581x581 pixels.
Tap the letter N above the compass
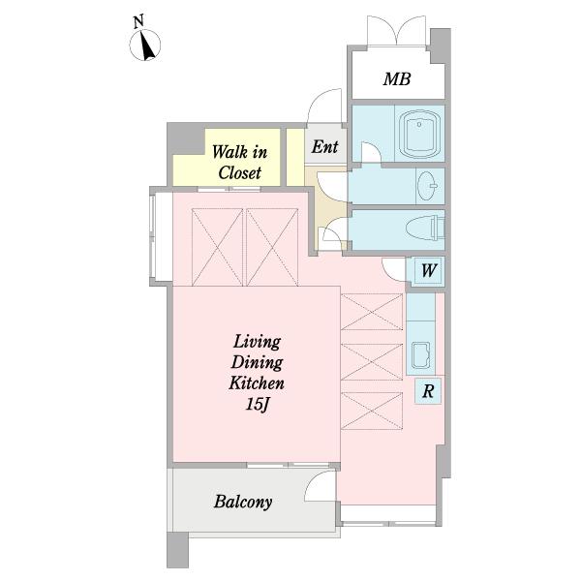(138, 22)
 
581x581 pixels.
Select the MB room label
(397, 79)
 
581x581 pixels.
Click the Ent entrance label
(324, 147)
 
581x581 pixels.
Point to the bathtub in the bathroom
(419, 135)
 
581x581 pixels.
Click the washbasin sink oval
(427, 186)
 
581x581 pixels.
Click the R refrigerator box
(428, 391)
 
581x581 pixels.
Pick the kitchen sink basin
(421, 355)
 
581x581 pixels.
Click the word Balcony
(243, 502)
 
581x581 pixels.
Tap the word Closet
(240, 172)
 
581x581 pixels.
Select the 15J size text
(257, 405)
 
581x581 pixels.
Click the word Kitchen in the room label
(257, 383)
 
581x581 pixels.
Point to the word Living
(257, 342)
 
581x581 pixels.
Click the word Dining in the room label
(257, 362)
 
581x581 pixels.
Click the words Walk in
(239, 152)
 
